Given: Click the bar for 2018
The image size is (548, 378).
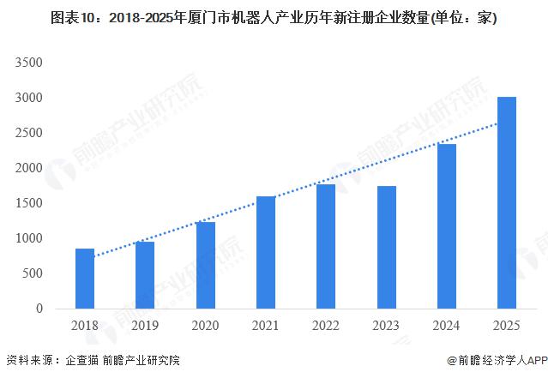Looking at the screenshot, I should pos(85,279).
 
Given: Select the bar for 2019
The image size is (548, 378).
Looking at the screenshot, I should pos(145,275).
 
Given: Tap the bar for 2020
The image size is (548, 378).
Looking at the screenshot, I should pos(206,265).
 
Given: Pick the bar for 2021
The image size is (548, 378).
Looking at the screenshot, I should pos(266,252).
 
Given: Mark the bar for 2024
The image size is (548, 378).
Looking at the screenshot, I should pos(447,226).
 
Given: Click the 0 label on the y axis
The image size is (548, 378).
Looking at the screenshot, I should pos(38,309).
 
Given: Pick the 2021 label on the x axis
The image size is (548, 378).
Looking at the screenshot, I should pos(266,327).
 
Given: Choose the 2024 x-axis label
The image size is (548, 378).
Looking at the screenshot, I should pos(447,327).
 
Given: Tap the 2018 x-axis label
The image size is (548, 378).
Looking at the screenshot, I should pos(85,327).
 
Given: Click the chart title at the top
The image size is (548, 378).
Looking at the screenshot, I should pos(274,17).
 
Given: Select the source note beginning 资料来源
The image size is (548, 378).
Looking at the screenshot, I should pos(93,361).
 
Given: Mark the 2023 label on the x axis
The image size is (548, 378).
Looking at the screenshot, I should pos(386,327).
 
